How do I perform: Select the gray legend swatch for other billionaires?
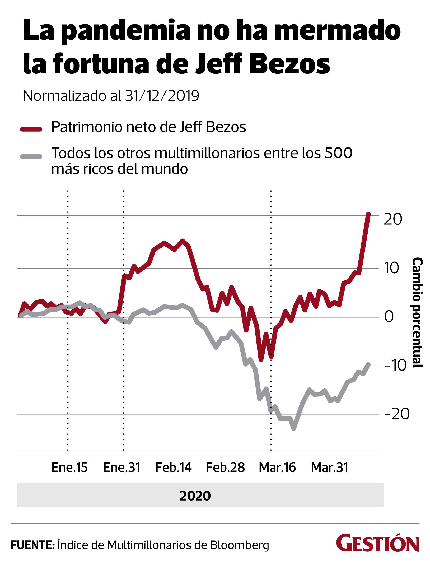[31, 156]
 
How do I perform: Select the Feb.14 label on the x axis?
[173, 468]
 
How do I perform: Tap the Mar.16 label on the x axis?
[277, 468]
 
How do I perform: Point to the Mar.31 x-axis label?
[329, 468]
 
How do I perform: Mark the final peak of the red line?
[368, 214]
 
